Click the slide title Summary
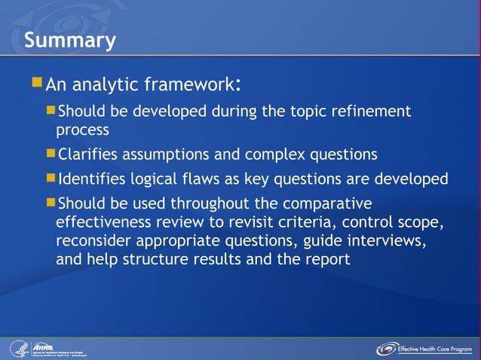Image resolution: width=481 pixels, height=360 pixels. [69, 40]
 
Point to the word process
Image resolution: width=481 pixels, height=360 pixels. [83, 129]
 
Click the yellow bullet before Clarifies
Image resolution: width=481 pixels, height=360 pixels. [51, 154]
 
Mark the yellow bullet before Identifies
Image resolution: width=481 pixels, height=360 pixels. [51, 178]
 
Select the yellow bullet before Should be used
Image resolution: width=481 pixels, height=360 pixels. [51, 203]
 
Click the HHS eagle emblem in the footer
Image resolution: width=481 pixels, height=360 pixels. [18, 349]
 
